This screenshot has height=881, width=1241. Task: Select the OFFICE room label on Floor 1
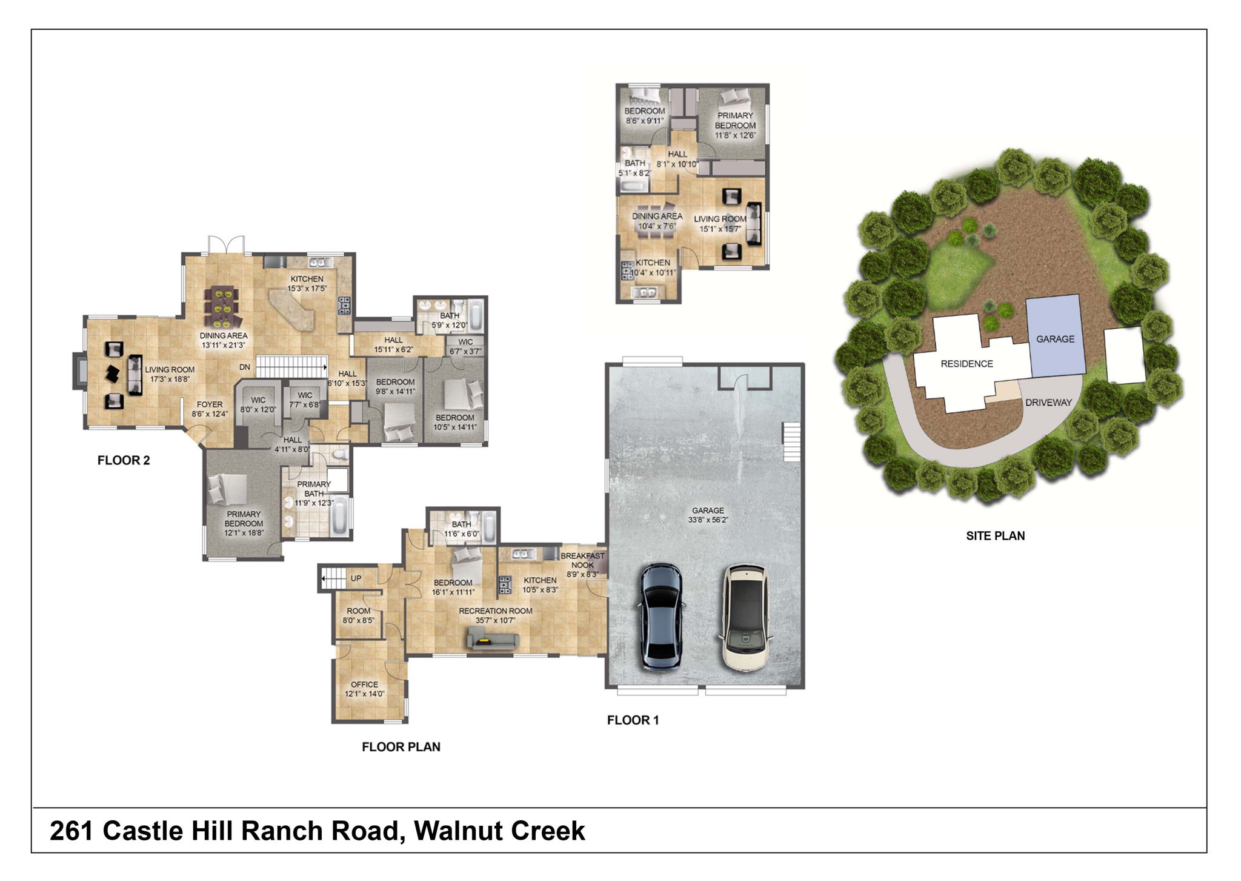point(364,684)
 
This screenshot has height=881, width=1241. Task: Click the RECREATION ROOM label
point(495,611)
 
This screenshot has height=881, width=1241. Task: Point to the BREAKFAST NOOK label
point(582,560)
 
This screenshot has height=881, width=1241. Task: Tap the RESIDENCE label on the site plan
point(967,364)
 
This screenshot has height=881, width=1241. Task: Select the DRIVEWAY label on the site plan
point(1048,402)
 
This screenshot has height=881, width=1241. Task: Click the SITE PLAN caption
point(995,535)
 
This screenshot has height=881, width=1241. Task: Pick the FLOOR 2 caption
point(124,460)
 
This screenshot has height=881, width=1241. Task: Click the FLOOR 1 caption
point(633,720)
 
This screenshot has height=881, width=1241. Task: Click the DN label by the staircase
point(245,367)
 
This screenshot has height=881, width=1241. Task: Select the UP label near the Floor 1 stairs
point(356,578)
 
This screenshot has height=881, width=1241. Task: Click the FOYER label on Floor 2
point(210,404)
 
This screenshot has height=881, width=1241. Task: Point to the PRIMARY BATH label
point(314,489)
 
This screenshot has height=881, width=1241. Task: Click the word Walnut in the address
point(456,831)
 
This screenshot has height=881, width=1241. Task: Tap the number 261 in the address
point(72,831)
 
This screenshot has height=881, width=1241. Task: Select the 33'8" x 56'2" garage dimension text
point(708,520)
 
